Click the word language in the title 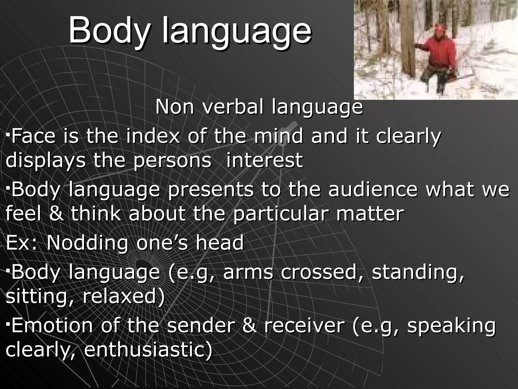coord(236,32)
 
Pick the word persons coord(172,160)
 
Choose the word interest coord(264,160)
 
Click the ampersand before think coord(57,213)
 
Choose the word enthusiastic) coord(148,350)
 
